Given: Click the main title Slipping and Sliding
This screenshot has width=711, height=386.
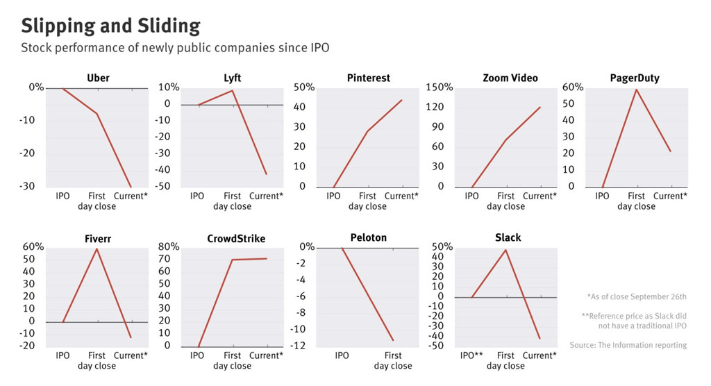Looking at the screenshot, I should click(110, 26).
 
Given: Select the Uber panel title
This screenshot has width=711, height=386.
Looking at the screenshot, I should click(98, 78).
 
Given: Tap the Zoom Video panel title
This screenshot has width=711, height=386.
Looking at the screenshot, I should click(510, 78).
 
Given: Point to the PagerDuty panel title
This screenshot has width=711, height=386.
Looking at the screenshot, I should click(635, 78).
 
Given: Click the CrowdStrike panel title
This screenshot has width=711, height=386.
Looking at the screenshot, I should click(236, 239).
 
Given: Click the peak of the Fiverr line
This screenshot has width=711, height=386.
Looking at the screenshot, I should click(97, 249).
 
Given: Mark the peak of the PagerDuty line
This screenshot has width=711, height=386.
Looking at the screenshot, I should click(636, 89).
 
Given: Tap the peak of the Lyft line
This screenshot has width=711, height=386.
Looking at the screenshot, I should click(233, 90).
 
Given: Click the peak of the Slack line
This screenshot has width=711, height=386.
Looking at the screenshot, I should click(506, 250).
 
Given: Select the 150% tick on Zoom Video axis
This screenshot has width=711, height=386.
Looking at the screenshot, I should click(439, 87).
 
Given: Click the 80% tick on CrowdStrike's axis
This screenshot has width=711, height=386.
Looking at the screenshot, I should click(169, 247).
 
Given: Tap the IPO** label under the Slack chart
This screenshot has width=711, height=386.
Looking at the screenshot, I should click(471, 356).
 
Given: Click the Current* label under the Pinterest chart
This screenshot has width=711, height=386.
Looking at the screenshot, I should click(401, 196).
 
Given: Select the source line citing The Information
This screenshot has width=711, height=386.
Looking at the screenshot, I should click(628, 345).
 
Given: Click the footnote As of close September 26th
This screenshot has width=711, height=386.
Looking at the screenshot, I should click(636, 296).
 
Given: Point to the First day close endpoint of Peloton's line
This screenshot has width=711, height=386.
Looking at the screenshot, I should click(393, 340).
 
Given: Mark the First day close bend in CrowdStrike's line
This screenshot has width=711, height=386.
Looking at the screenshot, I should click(233, 260).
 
